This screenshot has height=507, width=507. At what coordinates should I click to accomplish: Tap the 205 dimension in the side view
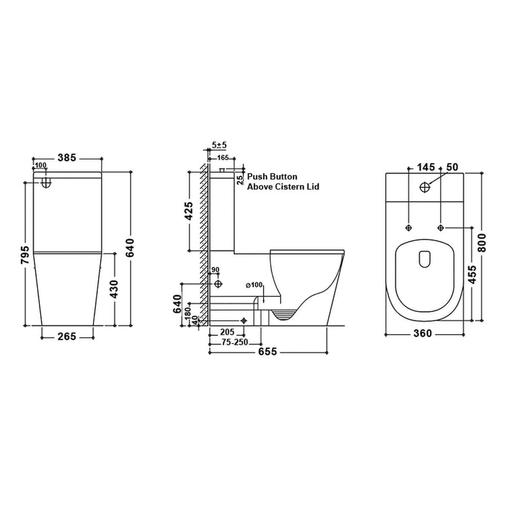tap(228, 332)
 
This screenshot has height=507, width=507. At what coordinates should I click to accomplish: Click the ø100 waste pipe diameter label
tap(255, 285)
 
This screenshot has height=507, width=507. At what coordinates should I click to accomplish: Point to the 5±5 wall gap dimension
tap(220, 145)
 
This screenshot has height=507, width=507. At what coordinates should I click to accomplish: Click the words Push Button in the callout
tap(273, 177)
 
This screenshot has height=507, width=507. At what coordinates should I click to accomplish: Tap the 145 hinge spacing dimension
tap(426, 167)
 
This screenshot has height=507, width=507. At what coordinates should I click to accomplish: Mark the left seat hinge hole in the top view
tap(408, 227)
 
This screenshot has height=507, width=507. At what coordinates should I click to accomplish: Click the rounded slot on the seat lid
tap(424, 258)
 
